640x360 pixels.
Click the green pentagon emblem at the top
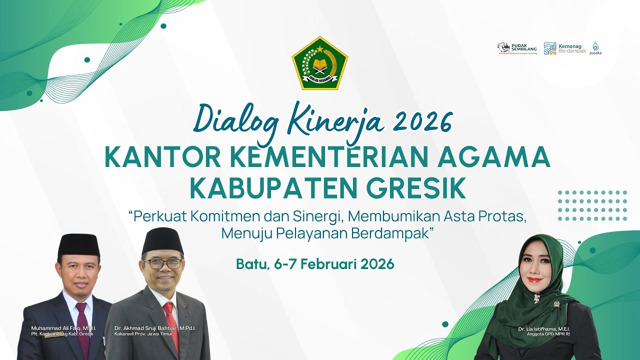(320, 63)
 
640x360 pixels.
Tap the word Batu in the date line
(252, 263)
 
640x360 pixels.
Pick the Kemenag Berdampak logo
(564, 48)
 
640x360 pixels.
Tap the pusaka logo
(595, 48)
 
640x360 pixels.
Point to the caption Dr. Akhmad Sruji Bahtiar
(155, 328)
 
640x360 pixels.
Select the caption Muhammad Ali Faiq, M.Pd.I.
(63, 328)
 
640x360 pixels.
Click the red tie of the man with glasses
(171, 320)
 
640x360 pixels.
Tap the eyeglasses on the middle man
(163, 263)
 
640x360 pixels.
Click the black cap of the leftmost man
(78, 245)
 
